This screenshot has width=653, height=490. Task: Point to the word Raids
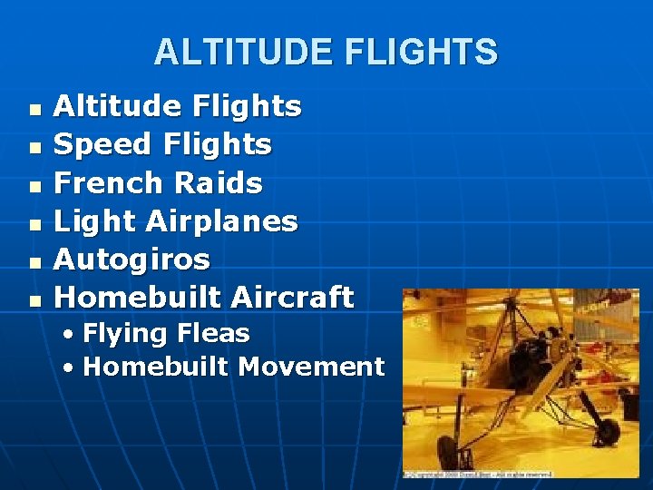pos(219,182)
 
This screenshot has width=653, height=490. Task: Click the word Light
pos(94,220)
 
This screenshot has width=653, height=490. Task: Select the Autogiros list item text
pos(132,260)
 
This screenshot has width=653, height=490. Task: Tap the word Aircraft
pos(292,297)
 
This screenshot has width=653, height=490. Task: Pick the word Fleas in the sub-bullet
pos(215,333)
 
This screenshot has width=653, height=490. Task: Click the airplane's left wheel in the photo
pos(447,452)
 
